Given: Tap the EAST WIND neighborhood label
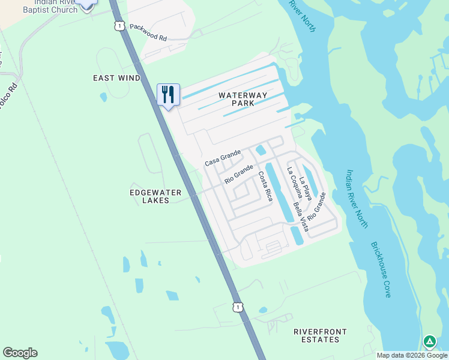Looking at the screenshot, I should [116, 78].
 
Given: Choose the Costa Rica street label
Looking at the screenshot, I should [265, 186].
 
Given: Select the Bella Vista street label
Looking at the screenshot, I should [301, 217].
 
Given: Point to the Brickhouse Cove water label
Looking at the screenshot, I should [381, 269].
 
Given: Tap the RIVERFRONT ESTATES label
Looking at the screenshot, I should [316, 335].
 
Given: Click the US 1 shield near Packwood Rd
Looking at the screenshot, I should [120, 26].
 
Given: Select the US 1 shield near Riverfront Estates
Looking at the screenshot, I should [238, 307].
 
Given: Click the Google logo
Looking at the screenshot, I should [20, 353].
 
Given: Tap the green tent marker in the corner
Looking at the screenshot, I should [430, 342].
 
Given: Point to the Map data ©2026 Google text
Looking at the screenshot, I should [412, 355].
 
